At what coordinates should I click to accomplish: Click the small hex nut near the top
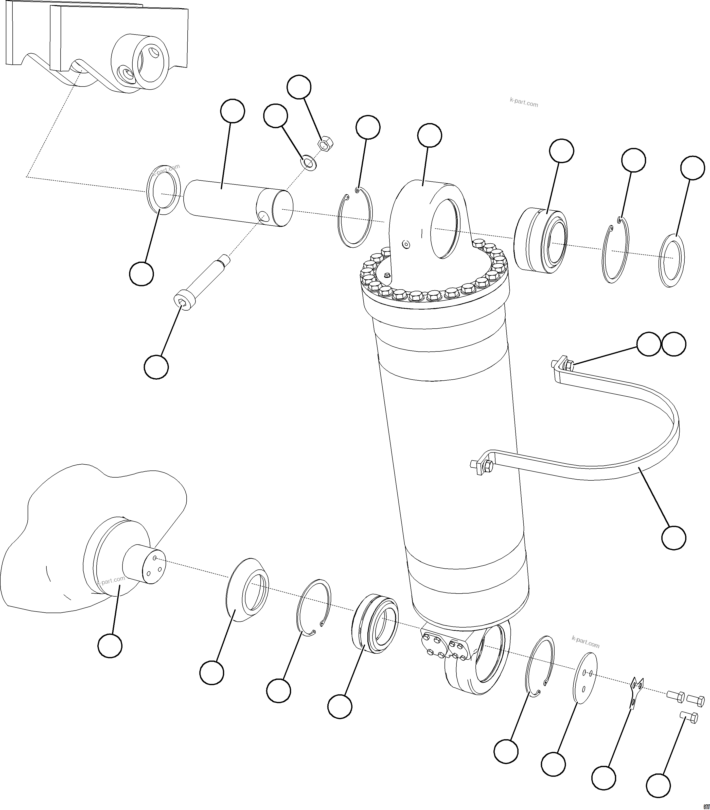[x=326, y=144]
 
